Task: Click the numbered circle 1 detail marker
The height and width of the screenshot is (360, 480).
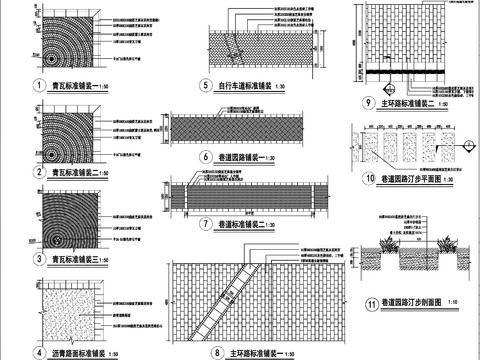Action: [39, 88]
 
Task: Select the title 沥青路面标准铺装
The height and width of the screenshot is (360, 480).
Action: [86, 353]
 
